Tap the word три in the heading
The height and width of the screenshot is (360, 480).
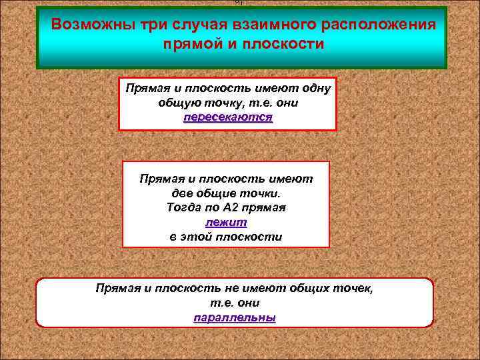[156, 25]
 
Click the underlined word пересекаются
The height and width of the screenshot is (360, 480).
[228, 117]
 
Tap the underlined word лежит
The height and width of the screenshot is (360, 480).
[226, 222]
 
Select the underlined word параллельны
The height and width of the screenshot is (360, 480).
[235, 317]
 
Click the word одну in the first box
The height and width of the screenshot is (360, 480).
[319, 89]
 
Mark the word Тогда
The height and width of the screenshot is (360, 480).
[181, 208]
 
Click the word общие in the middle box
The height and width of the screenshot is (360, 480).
[227, 193]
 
